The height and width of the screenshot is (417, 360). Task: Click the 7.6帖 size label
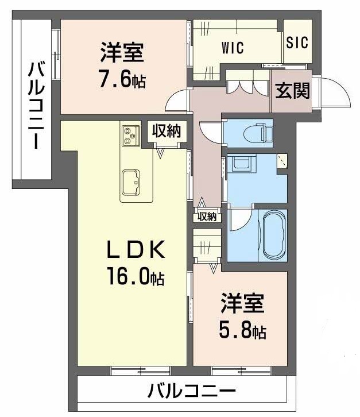pos(121,79)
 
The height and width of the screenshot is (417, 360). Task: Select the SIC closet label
pos(297,43)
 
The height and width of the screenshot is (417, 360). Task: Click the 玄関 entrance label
pos(291,90)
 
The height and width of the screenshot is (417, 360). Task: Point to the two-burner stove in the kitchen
pos(130,135)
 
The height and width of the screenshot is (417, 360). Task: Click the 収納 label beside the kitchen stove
pos(166,130)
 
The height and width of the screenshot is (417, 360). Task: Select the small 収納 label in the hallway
pos(207,217)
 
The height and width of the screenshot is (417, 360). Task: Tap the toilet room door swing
pos(207,132)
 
